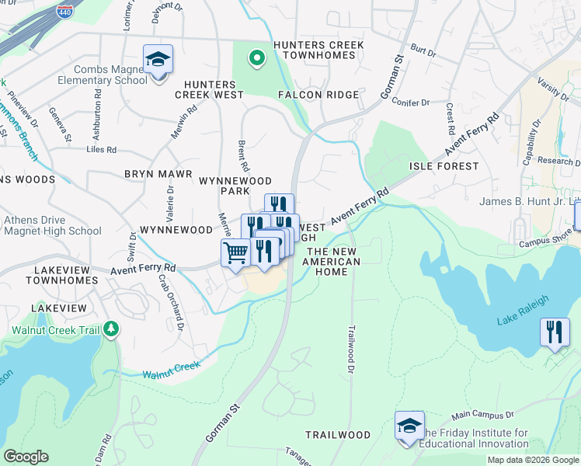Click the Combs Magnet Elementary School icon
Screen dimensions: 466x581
158,60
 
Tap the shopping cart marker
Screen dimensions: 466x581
235,253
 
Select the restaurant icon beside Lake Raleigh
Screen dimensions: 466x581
555,332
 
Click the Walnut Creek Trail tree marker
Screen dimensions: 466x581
111,329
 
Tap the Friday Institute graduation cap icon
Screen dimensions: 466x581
409,426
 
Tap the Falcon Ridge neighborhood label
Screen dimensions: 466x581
318,95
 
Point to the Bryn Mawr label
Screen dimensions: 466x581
153,174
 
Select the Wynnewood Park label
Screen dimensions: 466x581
235,186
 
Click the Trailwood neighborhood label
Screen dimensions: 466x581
337,435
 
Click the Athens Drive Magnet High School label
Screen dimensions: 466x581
52,225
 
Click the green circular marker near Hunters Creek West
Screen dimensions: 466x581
256,58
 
